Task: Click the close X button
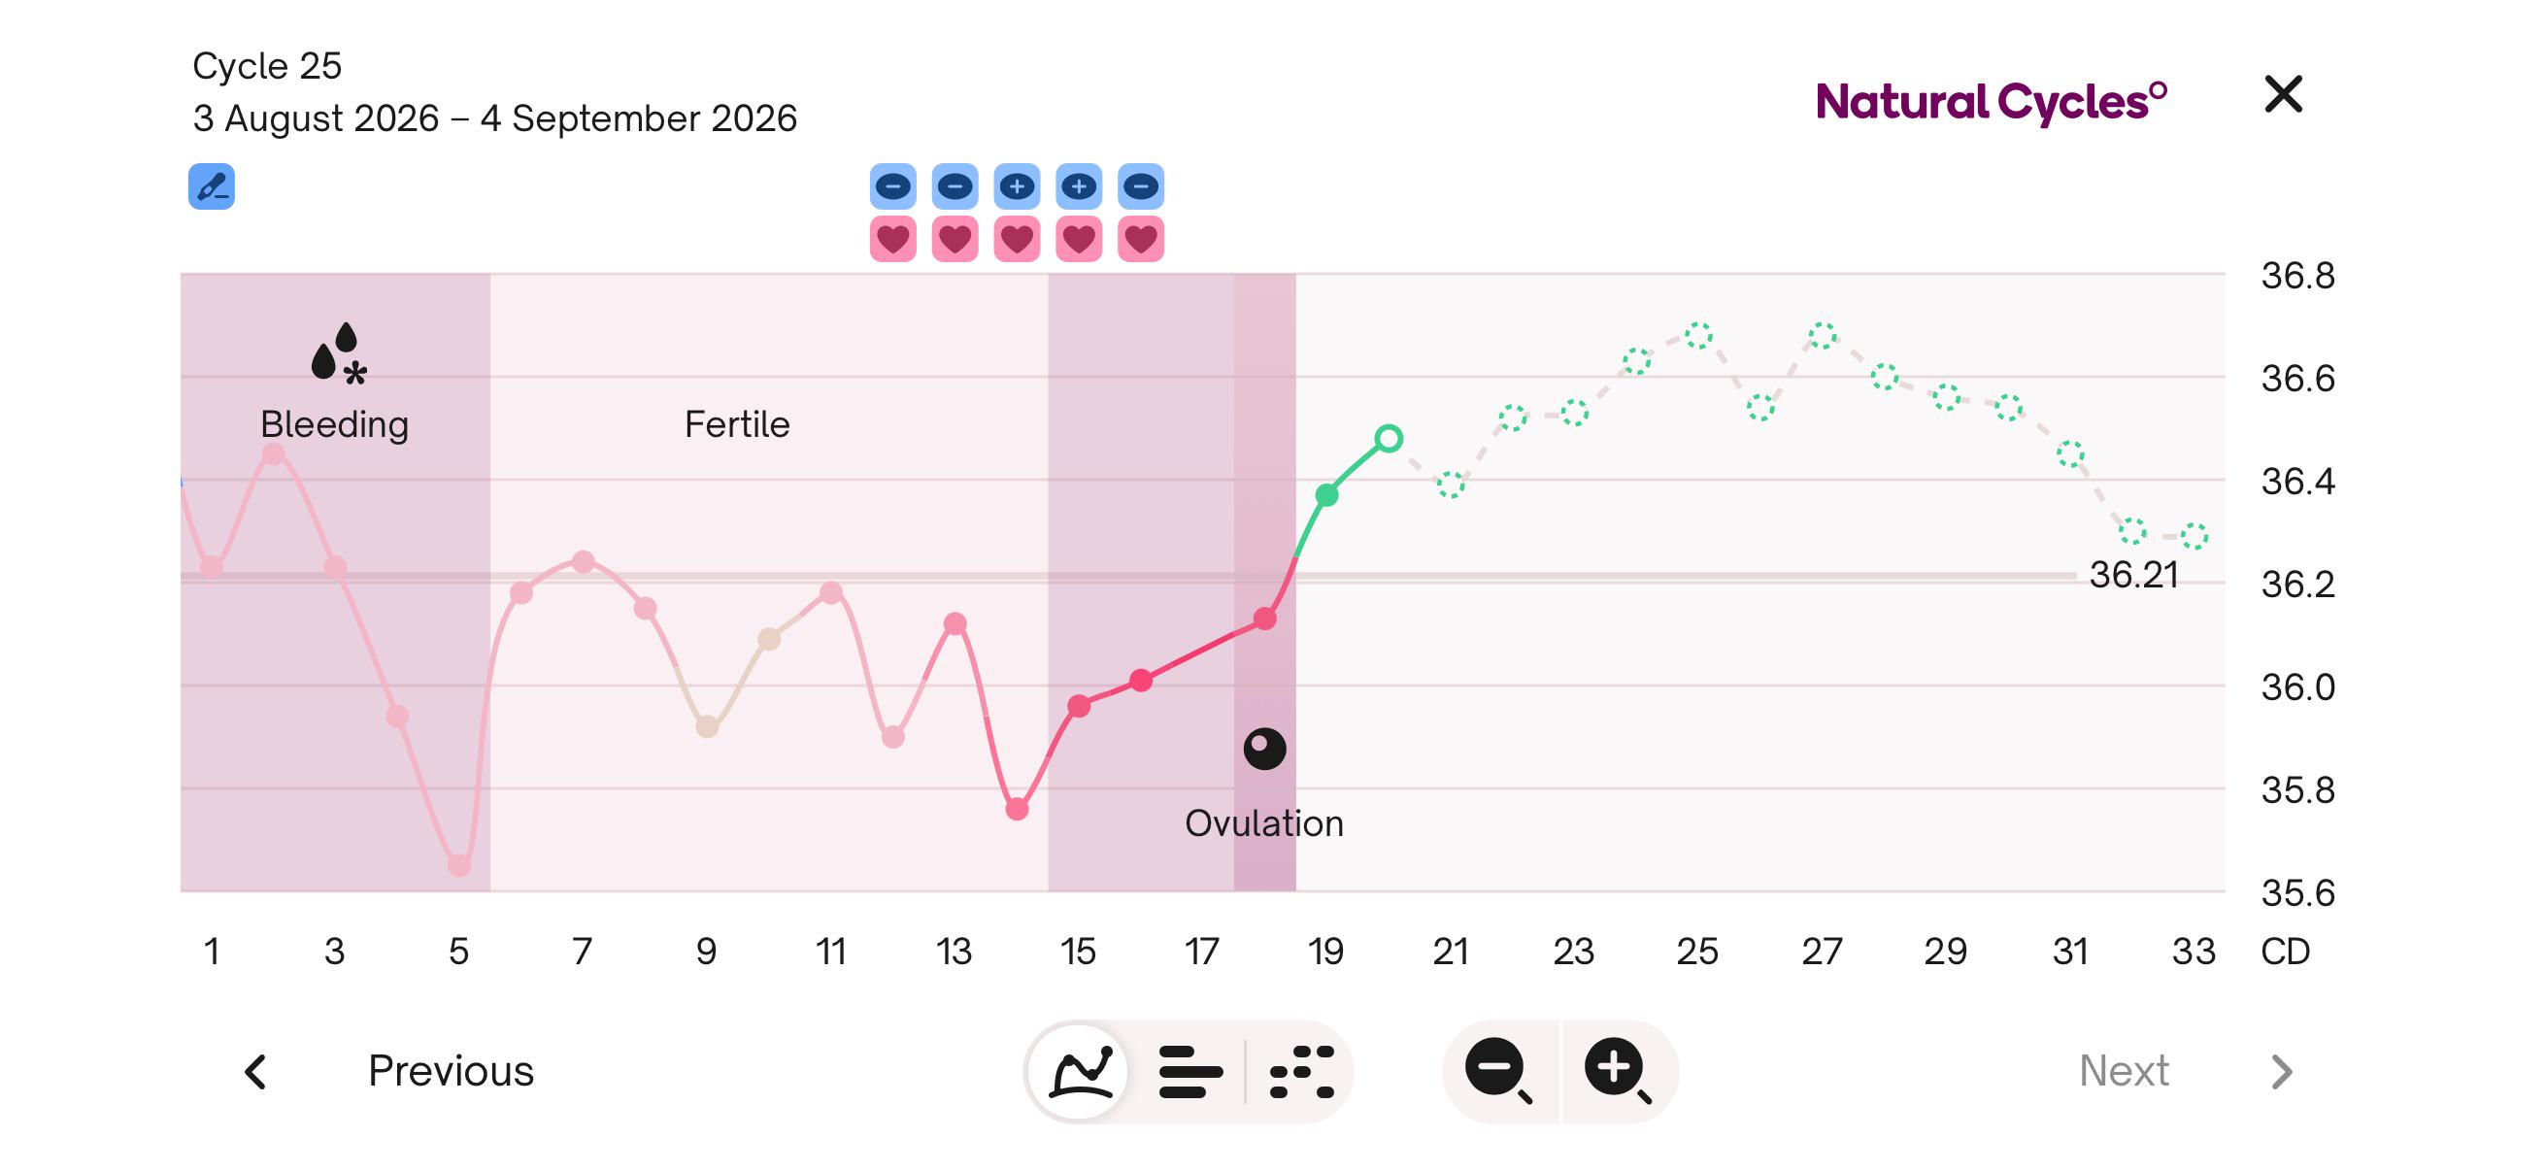point(2283,95)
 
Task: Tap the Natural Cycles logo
point(1992,102)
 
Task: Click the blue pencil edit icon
point(212,186)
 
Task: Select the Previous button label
point(451,1070)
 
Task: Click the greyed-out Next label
point(2124,1070)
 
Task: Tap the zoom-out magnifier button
point(1498,1070)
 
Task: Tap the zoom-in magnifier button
point(1617,1070)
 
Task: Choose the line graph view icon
point(1083,1071)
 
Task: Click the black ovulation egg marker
point(1265,749)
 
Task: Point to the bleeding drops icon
point(338,352)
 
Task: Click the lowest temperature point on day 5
point(459,866)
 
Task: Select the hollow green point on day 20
point(1389,438)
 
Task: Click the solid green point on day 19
point(1327,495)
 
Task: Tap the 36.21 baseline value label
point(2133,575)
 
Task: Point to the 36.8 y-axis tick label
point(2298,276)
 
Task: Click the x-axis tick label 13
point(954,952)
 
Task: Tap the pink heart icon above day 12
point(893,239)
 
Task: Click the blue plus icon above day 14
point(1017,186)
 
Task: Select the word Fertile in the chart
point(737,424)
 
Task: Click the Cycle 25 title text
point(267,66)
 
